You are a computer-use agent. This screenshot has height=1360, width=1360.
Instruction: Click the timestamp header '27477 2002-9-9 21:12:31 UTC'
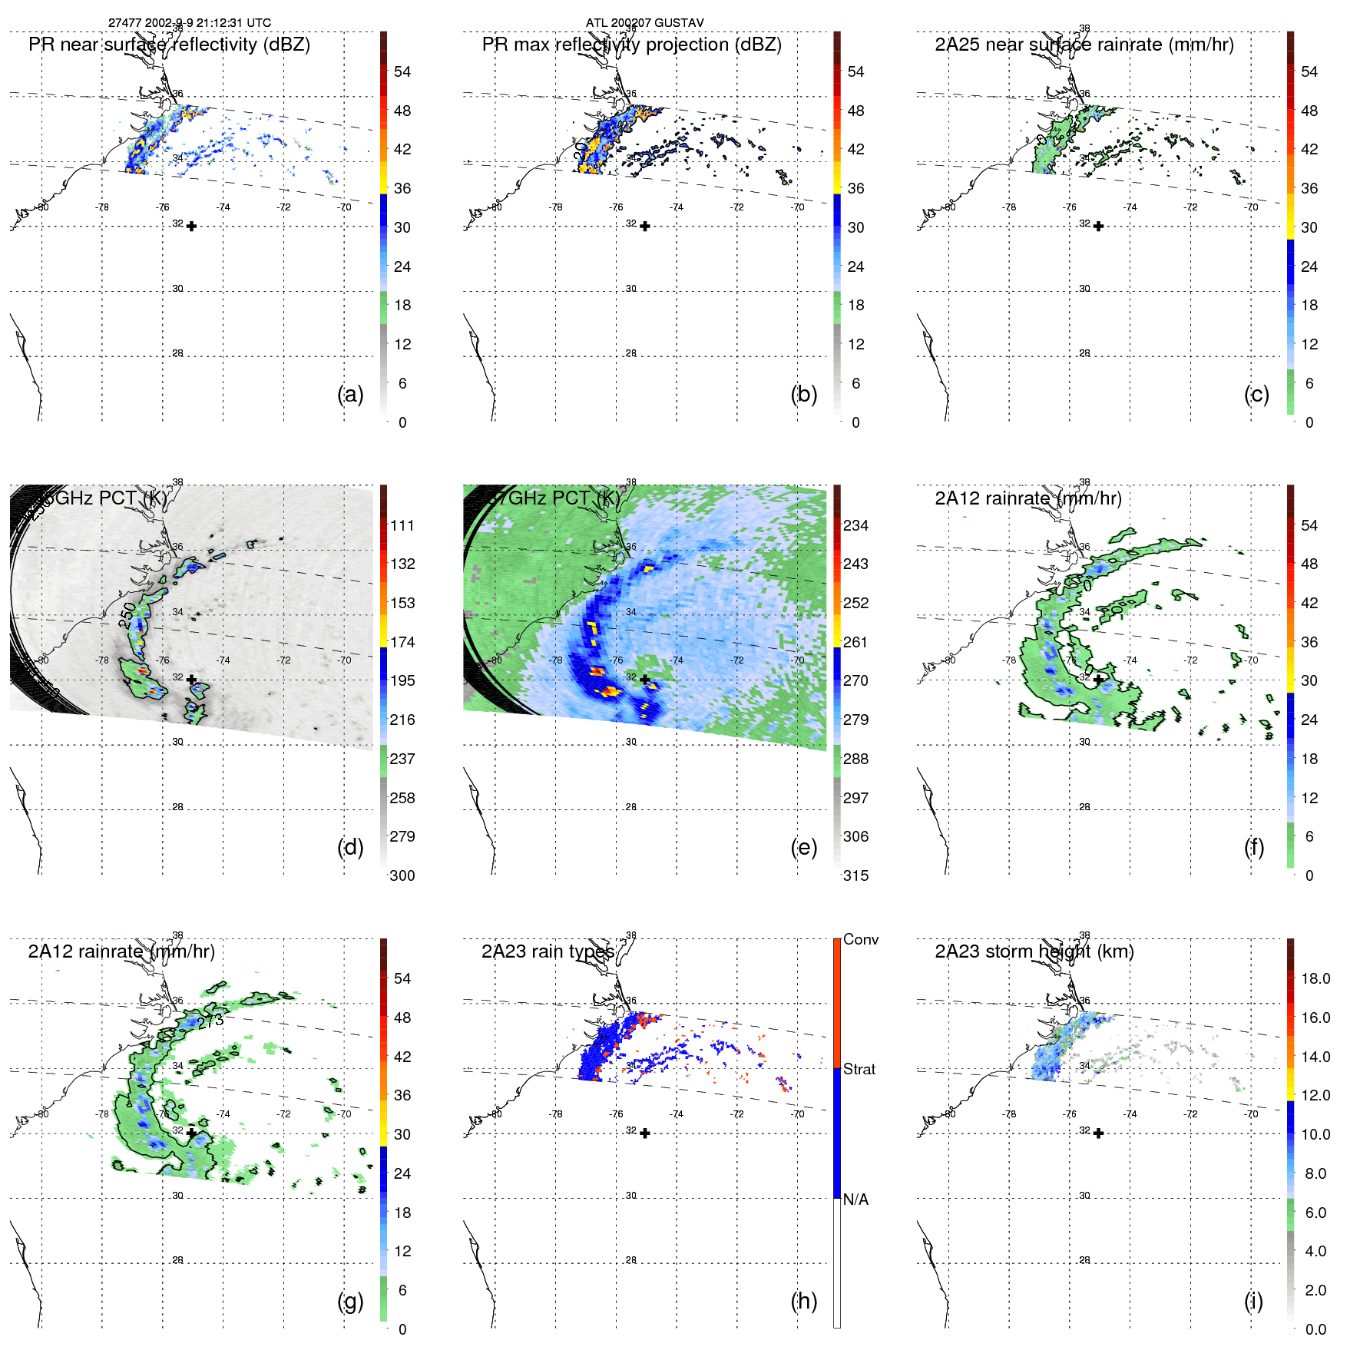(189, 23)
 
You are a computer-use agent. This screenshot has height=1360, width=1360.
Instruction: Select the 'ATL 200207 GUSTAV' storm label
(644, 23)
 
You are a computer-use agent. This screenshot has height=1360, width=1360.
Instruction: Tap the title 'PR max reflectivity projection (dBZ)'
(631, 45)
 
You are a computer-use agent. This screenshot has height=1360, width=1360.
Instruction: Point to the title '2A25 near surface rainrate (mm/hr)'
(1084, 45)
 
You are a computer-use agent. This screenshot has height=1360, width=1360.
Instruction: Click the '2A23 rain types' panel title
(548, 951)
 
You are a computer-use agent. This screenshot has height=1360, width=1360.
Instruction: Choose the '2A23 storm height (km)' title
(1034, 951)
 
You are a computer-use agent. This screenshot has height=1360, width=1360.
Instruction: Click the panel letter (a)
(350, 394)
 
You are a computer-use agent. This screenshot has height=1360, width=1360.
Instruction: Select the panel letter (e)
(803, 847)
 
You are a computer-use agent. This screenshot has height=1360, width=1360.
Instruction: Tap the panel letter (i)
(1253, 1301)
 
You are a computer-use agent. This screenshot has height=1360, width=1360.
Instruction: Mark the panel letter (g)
(350, 1301)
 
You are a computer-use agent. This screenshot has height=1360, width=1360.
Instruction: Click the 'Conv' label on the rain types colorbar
(860, 939)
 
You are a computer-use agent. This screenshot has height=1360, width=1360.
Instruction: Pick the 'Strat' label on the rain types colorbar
(859, 1069)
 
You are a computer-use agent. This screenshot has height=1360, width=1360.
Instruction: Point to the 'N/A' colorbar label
(855, 1200)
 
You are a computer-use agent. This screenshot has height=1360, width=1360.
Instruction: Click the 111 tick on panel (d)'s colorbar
(402, 525)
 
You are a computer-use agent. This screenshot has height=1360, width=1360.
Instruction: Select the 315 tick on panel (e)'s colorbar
(855, 875)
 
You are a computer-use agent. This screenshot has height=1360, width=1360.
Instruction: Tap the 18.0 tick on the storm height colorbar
(1315, 978)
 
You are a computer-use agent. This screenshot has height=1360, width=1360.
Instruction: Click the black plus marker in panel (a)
(191, 226)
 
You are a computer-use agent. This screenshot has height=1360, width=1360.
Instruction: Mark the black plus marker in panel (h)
(645, 1133)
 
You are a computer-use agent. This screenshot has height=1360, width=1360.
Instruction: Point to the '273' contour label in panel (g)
(210, 1021)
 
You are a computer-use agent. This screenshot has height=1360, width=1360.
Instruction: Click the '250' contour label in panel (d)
(127, 614)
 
